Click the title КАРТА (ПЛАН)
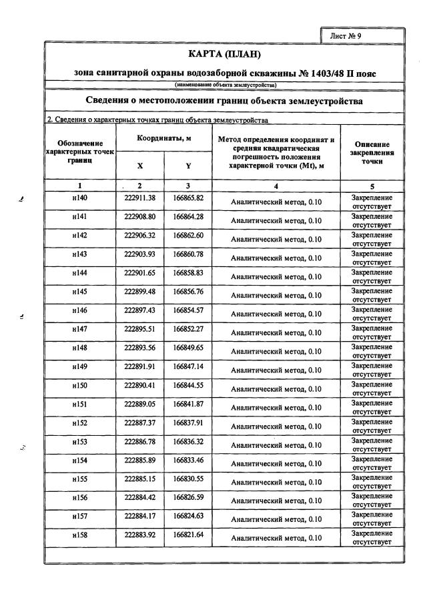point(224,53)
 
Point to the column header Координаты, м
point(164,137)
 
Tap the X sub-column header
point(139,166)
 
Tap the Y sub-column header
point(188,166)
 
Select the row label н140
point(80,198)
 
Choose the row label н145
point(80,291)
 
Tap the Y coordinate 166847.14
point(188,366)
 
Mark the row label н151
point(80,403)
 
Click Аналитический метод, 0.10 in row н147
point(276,332)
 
